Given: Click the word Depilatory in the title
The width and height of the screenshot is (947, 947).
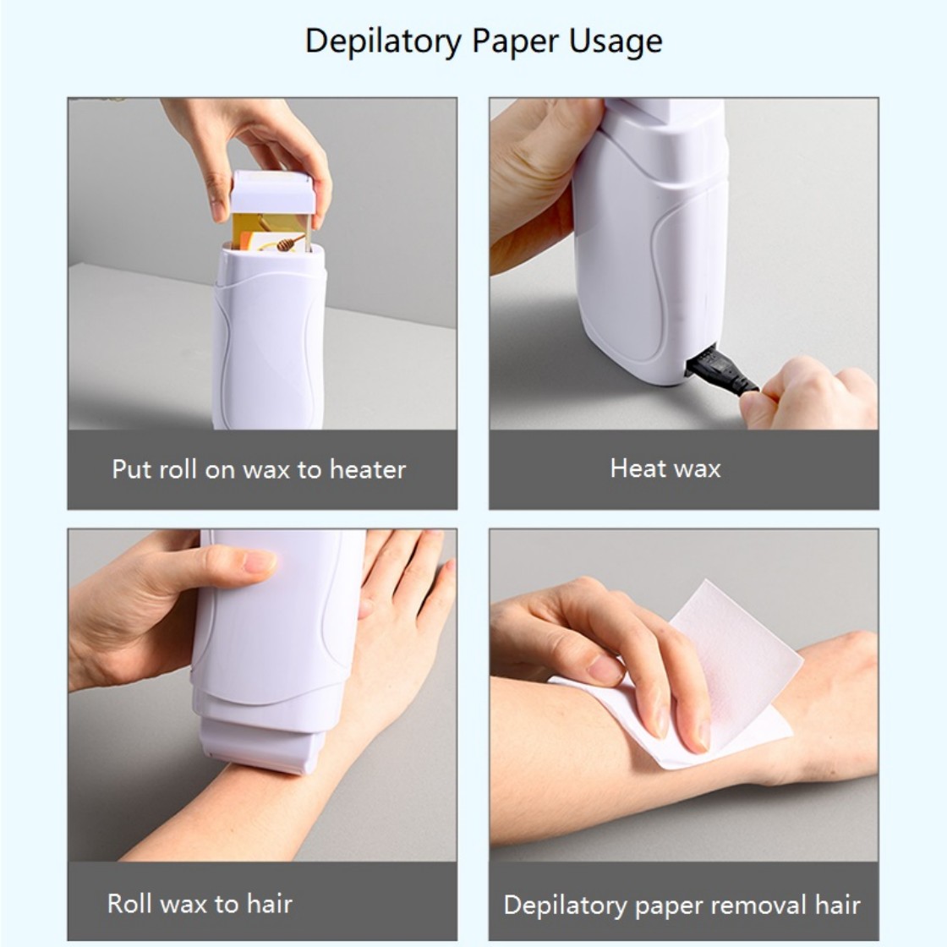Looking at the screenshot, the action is pyautogui.click(x=383, y=42).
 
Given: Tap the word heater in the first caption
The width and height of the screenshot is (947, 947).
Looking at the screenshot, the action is pyautogui.click(x=368, y=469).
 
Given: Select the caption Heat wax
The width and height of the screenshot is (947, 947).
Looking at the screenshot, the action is pyautogui.click(x=665, y=468).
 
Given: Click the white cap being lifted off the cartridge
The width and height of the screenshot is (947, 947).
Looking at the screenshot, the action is pyautogui.click(x=274, y=191).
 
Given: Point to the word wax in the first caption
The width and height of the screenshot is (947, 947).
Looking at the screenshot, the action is pyautogui.click(x=266, y=470).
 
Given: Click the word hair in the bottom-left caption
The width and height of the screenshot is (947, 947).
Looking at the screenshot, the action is pyautogui.click(x=270, y=904).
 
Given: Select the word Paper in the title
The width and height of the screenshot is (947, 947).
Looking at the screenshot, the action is pyautogui.click(x=515, y=42).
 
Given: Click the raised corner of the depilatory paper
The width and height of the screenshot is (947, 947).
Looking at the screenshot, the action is pyautogui.click(x=707, y=583).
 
